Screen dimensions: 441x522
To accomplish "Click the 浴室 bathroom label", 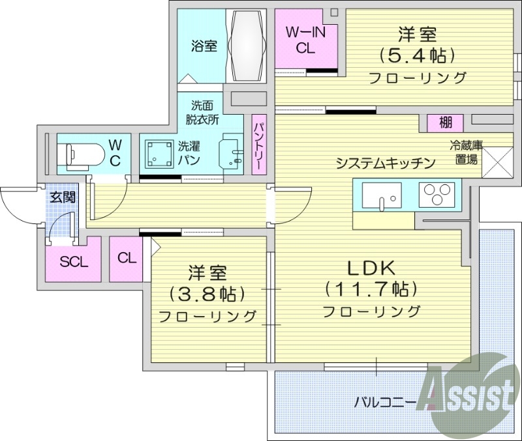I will (204, 46).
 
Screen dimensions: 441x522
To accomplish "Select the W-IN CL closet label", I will (304, 39).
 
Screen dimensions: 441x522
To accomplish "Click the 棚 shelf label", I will (446, 122).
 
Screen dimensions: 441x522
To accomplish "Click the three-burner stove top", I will (436, 194).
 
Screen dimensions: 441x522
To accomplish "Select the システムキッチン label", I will (385, 164).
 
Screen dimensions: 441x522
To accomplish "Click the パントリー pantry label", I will (258, 146).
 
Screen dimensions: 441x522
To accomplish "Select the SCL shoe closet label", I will (73, 263).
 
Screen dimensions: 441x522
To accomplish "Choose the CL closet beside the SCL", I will (127, 258).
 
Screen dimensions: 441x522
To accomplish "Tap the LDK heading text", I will (371, 268).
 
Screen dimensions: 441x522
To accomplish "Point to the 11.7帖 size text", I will (371, 289).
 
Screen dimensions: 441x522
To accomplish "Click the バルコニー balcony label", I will (385, 401).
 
